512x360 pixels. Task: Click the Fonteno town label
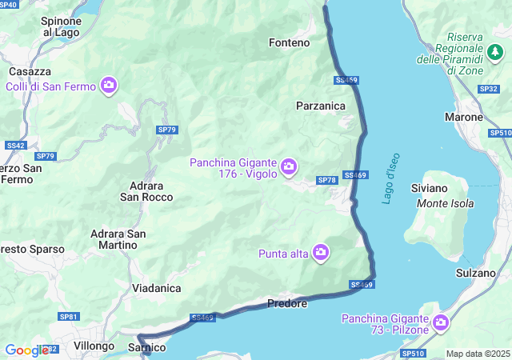click(x=289, y=42)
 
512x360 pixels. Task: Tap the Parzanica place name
click(x=320, y=106)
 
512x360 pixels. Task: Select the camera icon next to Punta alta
click(x=321, y=253)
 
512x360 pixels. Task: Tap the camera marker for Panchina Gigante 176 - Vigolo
click(x=289, y=167)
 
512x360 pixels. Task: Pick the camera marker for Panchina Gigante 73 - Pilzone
click(x=441, y=324)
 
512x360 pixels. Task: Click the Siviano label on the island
click(x=429, y=188)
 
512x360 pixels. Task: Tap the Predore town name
click(x=286, y=303)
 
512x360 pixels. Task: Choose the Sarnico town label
click(x=146, y=347)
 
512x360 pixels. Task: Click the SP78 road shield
click(x=327, y=181)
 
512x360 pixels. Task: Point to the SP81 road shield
click(x=70, y=318)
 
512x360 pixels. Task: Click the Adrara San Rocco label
click(x=141, y=190)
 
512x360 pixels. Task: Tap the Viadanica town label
click(x=156, y=287)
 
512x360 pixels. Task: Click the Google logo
click(x=26, y=350)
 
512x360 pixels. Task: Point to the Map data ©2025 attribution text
click(x=477, y=354)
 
